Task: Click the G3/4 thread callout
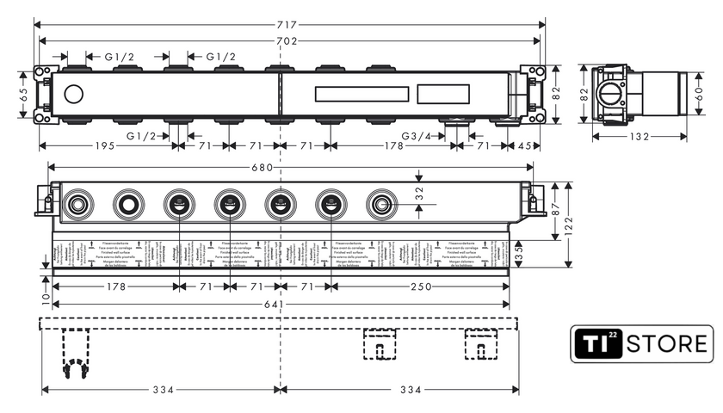pyautogui.click(x=417, y=135)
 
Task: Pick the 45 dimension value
pyautogui.click(x=525, y=145)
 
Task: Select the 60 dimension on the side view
pyautogui.click(x=699, y=94)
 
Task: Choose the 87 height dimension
pyautogui.click(x=555, y=208)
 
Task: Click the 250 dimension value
pyautogui.click(x=421, y=286)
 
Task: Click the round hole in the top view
pyautogui.click(x=75, y=95)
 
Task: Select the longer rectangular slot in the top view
pyautogui.click(x=361, y=94)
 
